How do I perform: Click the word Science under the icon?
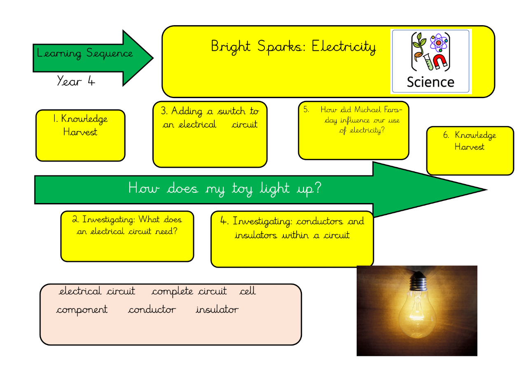pyautogui.click(x=430, y=82)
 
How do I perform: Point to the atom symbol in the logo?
pyautogui.click(x=438, y=42)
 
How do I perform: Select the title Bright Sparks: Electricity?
pyautogui.click(x=293, y=47)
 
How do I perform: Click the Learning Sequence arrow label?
pyautogui.click(x=85, y=54)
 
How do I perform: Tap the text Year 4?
pyautogui.click(x=76, y=81)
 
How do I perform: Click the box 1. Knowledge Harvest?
pyautogui.click(x=80, y=135)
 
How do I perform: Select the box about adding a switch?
pyautogui.click(x=210, y=134)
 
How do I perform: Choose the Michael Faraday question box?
pyautogui.click(x=353, y=130)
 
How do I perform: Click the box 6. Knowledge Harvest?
pyautogui.click(x=470, y=150)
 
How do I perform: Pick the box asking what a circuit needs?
pyautogui.click(x=127, y=236)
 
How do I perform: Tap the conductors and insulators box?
pyautogui.click(x=292, y=239)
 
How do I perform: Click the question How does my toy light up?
pyautogui.click(x=225, y=189)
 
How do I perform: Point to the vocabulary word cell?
pyautogui.click(x=248, y=291)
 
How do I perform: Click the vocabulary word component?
pyautogui.click(x=82, y=310)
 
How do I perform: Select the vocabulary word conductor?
pyautogui.click(x=152, y=310)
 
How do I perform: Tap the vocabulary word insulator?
pyautogui.click(x=217, y=310)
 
